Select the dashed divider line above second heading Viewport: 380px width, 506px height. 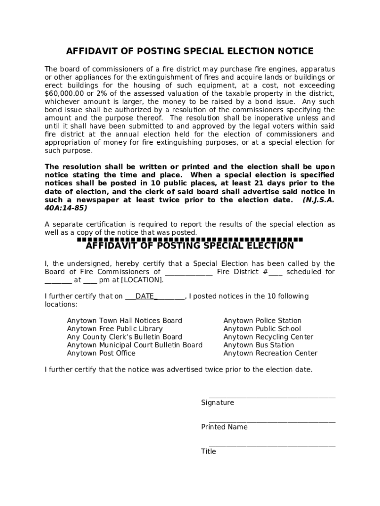click(190, 239)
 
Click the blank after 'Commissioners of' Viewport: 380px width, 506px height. click(189, 272)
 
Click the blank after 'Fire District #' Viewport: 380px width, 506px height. click(276, 272)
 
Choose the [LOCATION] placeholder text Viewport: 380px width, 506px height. click(142, 280)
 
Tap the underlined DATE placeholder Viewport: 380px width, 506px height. click(146, 296)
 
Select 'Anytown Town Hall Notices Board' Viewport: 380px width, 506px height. click(124, 321)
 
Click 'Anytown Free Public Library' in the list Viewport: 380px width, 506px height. click(114, 329)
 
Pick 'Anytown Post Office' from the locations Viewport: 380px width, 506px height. click(101, 353)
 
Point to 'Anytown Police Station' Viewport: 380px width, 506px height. click(262, 321)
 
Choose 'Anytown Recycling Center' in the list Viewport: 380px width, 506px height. click(268, 337)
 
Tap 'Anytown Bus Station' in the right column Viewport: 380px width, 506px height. click(259, 345)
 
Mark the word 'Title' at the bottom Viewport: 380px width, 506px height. click(208, 451)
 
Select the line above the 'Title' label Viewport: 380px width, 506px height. click(272, 446)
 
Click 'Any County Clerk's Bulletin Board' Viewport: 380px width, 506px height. click(124, 337)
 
